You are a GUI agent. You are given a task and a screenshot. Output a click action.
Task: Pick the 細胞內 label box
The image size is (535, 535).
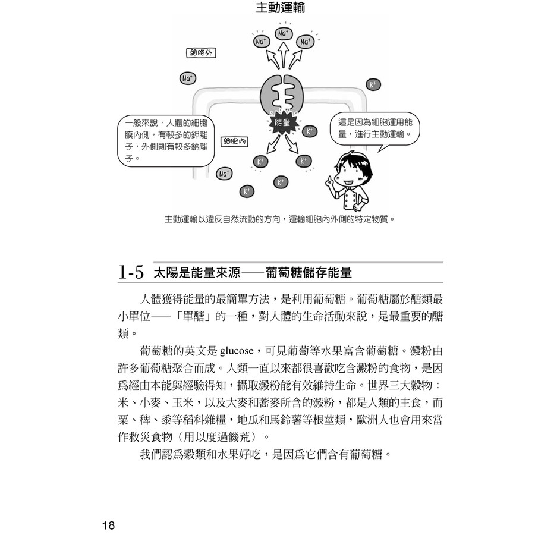[x=235, y=141]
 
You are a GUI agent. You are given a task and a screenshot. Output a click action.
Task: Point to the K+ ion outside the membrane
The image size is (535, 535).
[x=373, y=85]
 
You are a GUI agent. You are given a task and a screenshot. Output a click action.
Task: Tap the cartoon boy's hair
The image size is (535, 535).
[x=353, y=159]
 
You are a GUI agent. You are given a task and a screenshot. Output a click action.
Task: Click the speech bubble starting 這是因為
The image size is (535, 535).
[x=375, y=128]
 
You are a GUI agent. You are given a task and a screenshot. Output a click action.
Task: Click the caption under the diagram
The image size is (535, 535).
[x=279, y=219]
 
